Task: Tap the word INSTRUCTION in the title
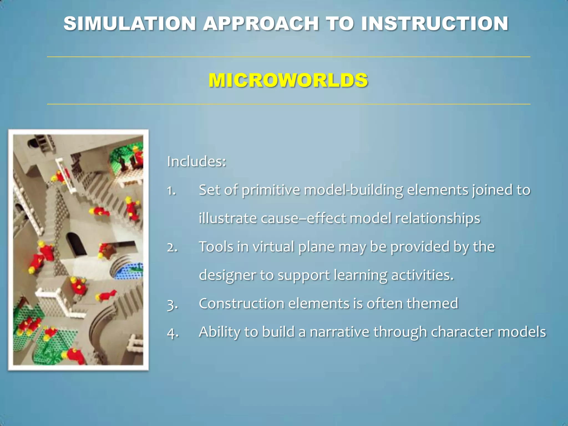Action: pyautogui.click(x=435, y=24)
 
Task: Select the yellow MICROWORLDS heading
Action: pyautogui.click(x=288, y=80)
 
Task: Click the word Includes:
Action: pyautogui.click(x=197, y=161)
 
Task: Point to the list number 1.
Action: pyautogui.click(x=171, y=191)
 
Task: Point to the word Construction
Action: pyautogui.click(x=242, y=304)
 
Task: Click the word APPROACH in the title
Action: pyautogui.click(x=261, y=24)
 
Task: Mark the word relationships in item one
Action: pyautogui.click(x=437, y=219)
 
